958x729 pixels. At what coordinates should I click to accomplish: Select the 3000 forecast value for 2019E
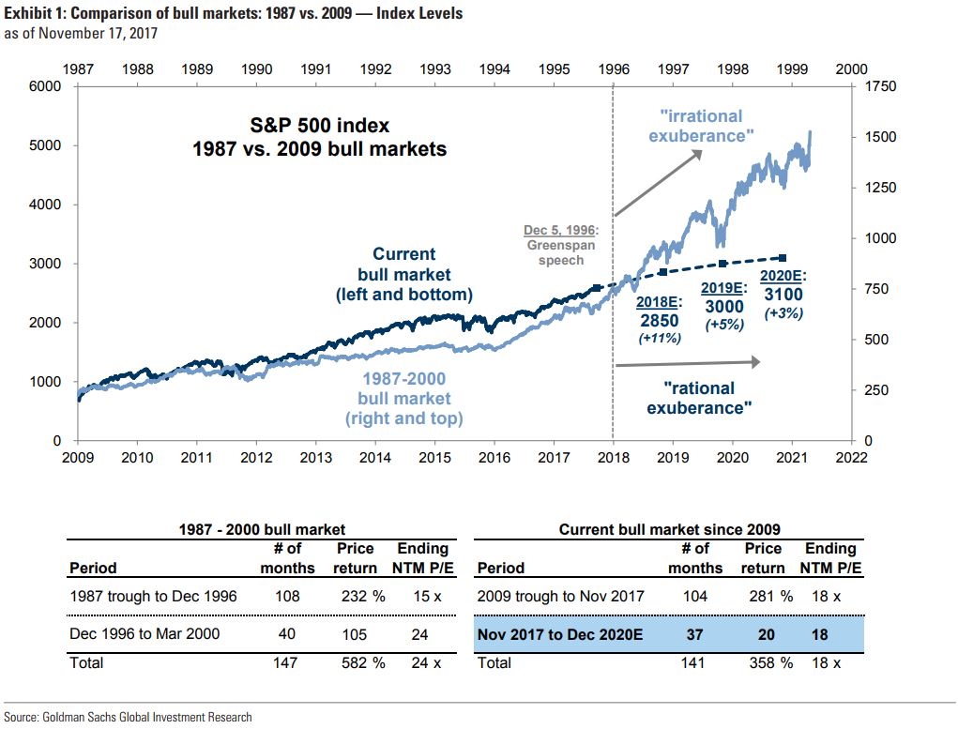(x=723, y=307)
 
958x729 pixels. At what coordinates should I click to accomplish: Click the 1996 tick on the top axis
(x=614, y=68)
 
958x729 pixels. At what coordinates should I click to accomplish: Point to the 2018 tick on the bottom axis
(x=614, y=458)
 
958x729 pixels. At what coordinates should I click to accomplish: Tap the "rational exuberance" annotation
(x=699, y=398)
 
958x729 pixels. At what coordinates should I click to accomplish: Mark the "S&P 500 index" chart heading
(x=320, y=125)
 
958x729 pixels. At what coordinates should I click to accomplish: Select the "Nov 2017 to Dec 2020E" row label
(x=560, y=634)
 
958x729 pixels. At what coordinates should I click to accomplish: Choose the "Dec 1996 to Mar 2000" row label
(x=144, y=634)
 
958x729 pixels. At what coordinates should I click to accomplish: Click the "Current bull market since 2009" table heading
(x=669, y=529)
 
